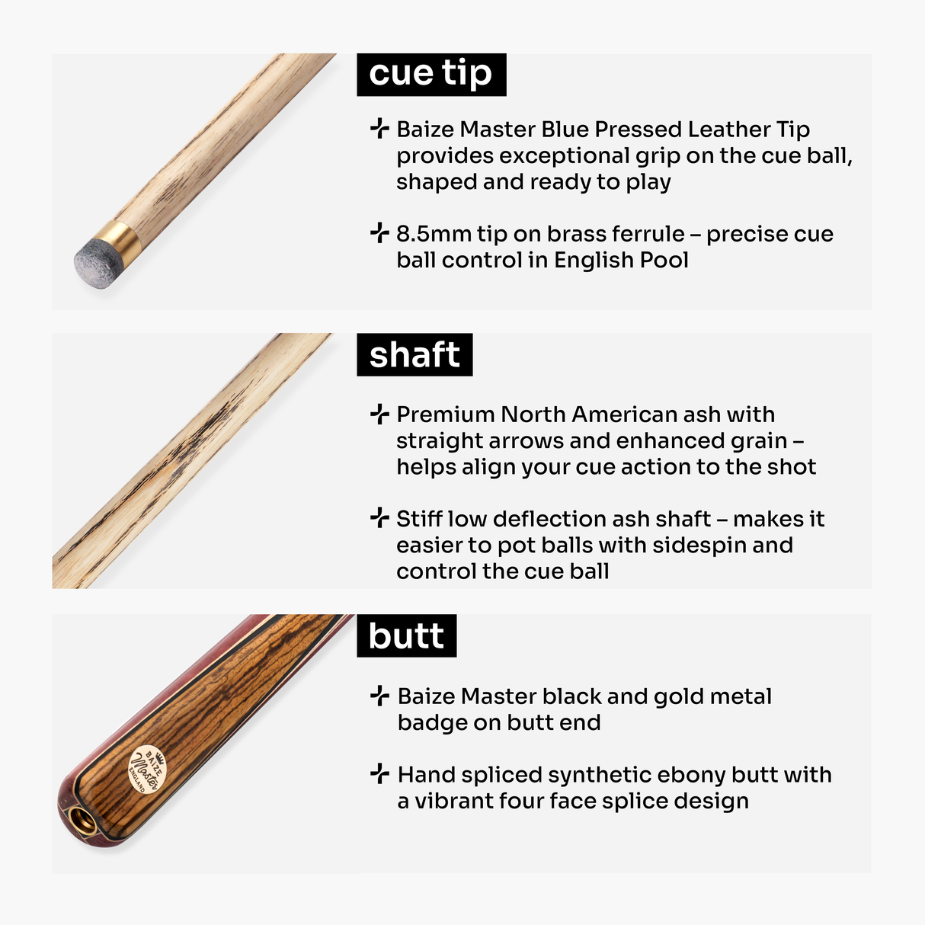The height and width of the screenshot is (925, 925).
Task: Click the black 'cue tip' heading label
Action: [431, 74]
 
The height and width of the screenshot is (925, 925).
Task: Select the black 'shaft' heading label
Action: [414, 354]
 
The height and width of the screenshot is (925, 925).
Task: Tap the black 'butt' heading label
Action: [406, 635]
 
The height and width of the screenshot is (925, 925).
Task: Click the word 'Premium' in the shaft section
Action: [446, 414]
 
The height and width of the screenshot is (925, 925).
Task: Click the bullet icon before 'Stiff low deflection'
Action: [379, 518]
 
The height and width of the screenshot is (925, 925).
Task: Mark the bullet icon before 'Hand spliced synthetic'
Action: [379, 774]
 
